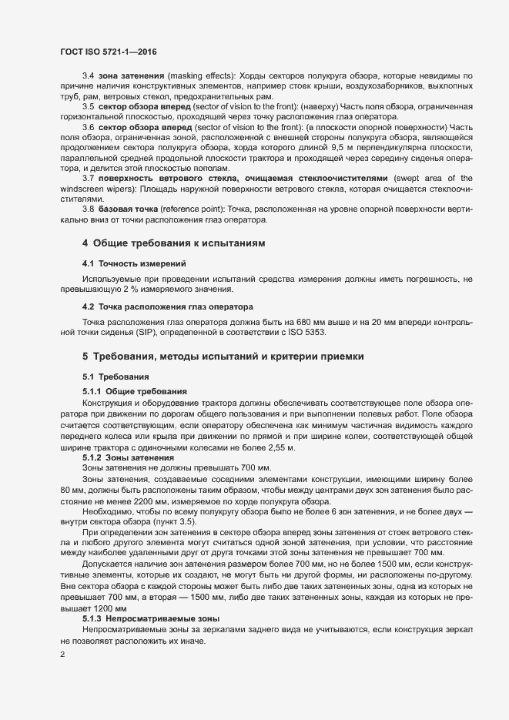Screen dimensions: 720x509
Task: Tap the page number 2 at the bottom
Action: (62, 655)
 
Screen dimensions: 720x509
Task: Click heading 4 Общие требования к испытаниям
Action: (173, 243)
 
